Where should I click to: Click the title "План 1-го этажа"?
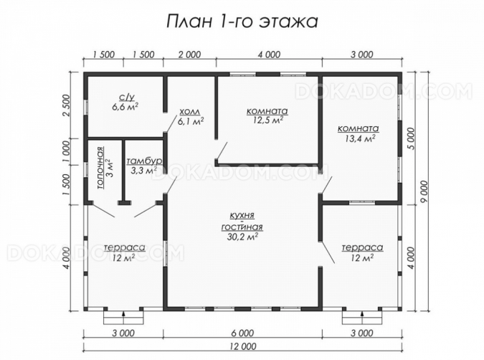(x=242, y=22)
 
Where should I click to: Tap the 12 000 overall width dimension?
(x=242, y=346)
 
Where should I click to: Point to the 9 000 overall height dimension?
(x=424, y=191)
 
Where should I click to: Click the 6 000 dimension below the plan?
(x=242, y=333)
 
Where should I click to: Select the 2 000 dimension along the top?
(x=189, y=55)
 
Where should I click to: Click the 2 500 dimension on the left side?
(x=67, y=105)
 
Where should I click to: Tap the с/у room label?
(x=127, y=98)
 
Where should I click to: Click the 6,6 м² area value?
(x=125, y=107)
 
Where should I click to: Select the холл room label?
(x=190, y=111)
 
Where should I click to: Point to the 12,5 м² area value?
(x=268, y=120)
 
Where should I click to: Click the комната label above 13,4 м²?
(x=358, y=128)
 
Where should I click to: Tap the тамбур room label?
(x=144, y=161)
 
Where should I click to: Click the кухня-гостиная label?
(x=242, y=221)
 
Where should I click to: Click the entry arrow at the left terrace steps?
(x=123, y=314)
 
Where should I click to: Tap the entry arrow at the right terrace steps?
(x=362, y=314)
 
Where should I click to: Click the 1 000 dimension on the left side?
(x=67, y=152)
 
